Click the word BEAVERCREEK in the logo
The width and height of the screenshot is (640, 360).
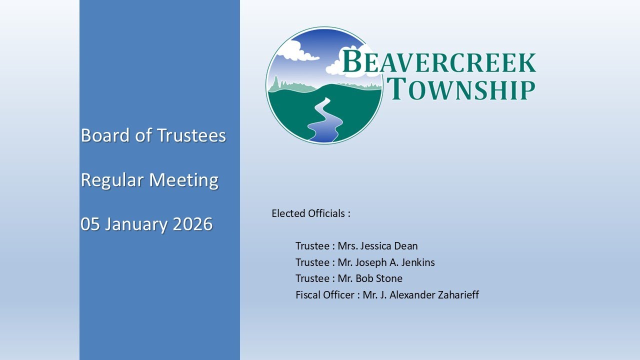click(439, 62)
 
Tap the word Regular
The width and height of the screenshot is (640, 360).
click(111, 180)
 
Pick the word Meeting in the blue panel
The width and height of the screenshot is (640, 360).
click(184, 180)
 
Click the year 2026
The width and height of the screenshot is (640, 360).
click(192, 224)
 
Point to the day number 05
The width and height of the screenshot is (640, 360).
click(90, 224)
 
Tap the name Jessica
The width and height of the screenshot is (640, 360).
click(375, 246)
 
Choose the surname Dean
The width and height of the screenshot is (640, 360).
click(406, 246)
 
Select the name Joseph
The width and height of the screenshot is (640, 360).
click(372, 262)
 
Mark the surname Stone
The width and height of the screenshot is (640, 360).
click(390, 278)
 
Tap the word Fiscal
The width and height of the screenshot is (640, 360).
click(307, 295)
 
